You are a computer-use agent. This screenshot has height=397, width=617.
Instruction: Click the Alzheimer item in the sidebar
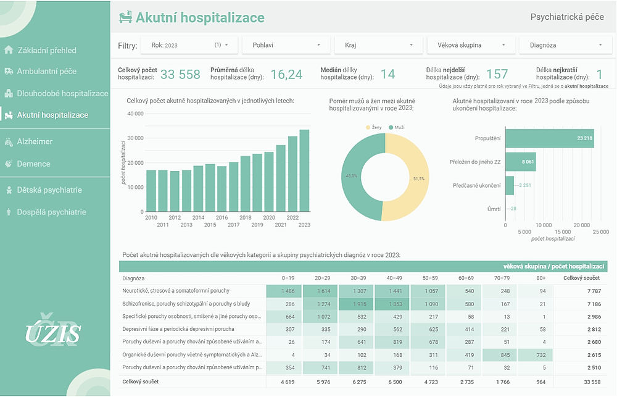[34, 141]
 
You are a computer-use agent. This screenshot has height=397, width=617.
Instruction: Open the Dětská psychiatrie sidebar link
[49, 190]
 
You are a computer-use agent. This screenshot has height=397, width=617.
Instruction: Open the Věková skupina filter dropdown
[470, 45]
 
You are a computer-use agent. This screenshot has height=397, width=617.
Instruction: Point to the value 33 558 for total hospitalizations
[180, 75]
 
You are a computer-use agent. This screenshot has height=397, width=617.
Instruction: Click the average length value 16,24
[286, 75]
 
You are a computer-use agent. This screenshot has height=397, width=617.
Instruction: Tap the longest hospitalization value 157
[497, 75]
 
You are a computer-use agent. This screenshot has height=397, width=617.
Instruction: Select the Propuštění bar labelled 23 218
[549, 138]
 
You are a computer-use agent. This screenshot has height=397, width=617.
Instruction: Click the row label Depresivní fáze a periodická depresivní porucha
[178, 330]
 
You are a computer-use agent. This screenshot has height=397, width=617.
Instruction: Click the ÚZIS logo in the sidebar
[52, 334]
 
